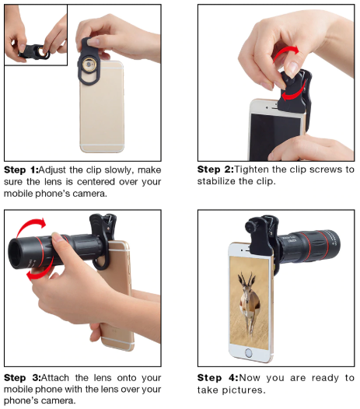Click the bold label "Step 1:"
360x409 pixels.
[x=21, y=170]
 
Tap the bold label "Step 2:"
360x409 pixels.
[x=215, y=170]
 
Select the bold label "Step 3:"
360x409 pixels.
[x=23, y=378]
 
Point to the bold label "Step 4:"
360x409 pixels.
[x=218, y=378]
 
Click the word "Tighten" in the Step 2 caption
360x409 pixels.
[x=251, y=170]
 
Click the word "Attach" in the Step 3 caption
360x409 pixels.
[x=55, y=378]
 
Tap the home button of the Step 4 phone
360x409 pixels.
[x=249, y=354]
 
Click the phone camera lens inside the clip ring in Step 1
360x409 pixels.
[x=89, y=65]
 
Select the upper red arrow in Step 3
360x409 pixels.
[x=28, y=224]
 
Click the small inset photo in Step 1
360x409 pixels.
[x=36, y=35]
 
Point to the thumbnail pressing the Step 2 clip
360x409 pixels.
[x=292, y=68]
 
